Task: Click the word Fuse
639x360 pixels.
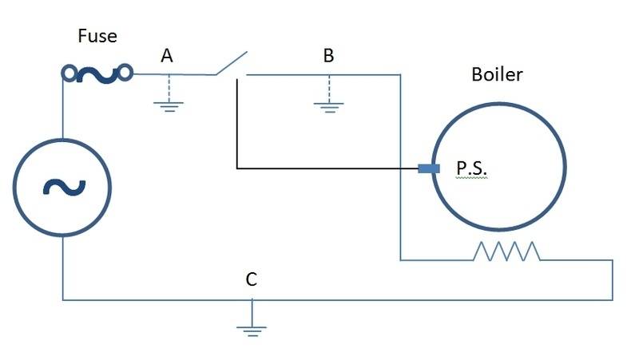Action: (x=97, y=36)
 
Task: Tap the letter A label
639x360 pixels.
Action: (x=167, y=56)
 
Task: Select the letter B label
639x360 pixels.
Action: (x=328, y=55)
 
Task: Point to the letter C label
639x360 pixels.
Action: (x=252, y=279)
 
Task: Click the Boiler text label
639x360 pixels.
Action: (x=497, y=74)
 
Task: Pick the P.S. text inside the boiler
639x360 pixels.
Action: (x=471, y=168)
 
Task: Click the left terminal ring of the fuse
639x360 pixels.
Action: (x=69, y=73)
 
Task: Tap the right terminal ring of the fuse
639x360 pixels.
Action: (x=125, y=73)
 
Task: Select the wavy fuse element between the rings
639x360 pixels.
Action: (x=97, y=75)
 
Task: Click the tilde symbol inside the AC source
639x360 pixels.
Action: (x=65, y=188)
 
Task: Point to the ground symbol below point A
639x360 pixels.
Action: (x=169, y=107)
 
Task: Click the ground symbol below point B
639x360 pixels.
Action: (x=329, y=108)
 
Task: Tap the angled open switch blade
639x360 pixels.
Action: (x=232, y=63)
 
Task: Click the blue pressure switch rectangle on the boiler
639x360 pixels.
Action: (x=429, y=168)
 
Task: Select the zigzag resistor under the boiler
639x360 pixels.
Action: (x=506, y=251)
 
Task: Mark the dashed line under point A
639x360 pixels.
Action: (x=169, y=88)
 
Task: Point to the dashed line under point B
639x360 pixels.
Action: (x=329, y=89)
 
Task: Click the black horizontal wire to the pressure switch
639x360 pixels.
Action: (x=327, y=168)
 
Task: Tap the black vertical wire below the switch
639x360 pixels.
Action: (x=237, y=124)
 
